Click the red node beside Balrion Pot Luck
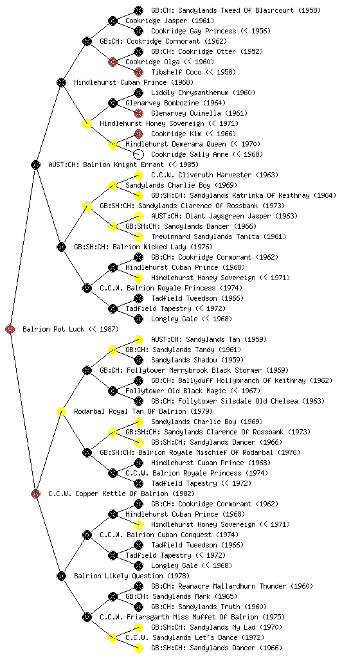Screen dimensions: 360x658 click(10, 329)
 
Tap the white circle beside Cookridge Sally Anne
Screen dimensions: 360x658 click(138, 154)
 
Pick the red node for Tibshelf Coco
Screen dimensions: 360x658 click(138, 72)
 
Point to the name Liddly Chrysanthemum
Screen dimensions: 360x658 click(190, 93)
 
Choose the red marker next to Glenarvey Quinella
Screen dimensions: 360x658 click(138, 113)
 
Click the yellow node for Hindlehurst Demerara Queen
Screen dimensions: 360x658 click(113, 144)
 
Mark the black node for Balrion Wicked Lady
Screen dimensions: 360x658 click(61, 247)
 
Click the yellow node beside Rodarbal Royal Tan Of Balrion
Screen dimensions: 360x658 click(61, 411)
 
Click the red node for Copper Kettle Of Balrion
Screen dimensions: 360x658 click(35, 493)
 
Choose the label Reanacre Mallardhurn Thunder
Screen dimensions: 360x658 click(232, 586)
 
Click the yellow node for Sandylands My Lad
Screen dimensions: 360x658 click(138, 627)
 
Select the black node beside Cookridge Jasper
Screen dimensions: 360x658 click(113, 21)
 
